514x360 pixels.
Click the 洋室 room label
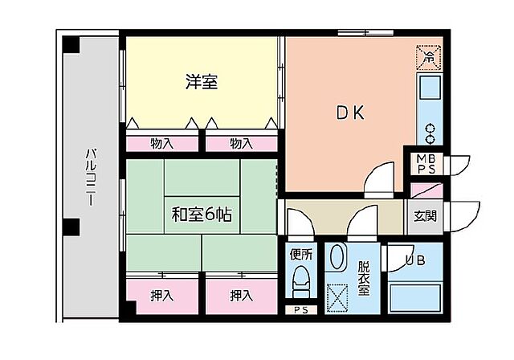point(202,82)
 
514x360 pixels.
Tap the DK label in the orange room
point(349,113)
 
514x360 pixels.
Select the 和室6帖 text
point(202,215)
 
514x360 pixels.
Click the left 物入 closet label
point(161,144)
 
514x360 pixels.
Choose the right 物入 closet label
point(241,144)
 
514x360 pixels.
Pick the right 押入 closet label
point(241,296)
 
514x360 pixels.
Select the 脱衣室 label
point(364,277)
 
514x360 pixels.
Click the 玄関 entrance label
point(425,216)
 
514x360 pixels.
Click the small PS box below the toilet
point(301,310)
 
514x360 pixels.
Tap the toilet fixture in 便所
point(302,282)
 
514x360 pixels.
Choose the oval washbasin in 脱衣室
point(340,258)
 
